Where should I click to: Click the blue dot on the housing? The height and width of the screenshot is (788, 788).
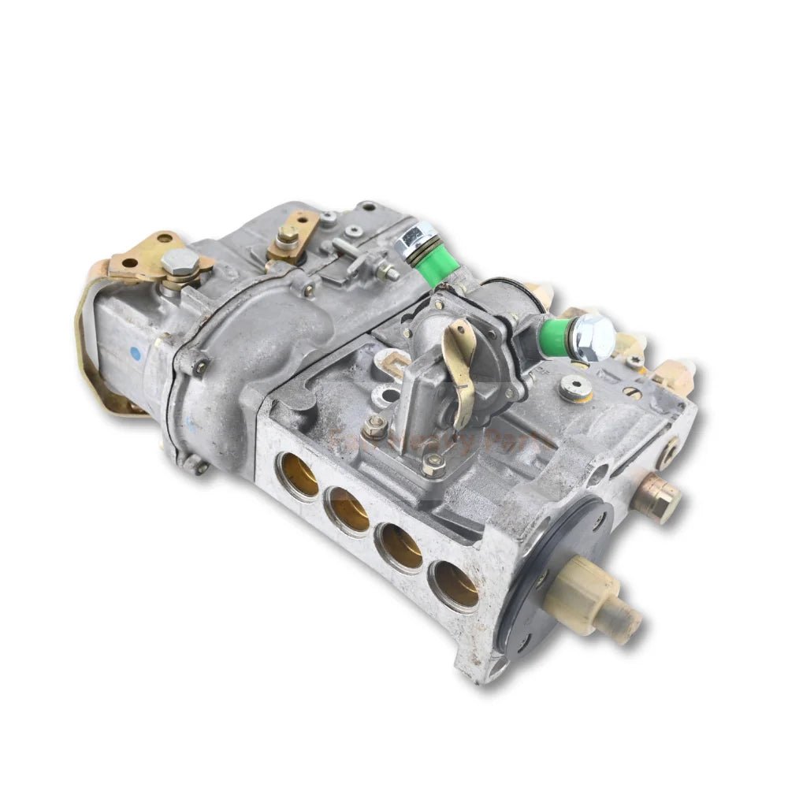[136, 355]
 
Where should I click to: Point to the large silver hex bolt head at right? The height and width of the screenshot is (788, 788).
[593, 337]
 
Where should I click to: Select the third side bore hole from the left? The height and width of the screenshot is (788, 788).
[400, 546]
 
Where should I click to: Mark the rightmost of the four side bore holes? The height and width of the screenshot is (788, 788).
[454, 584]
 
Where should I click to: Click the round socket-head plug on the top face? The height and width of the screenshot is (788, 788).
[574, 387]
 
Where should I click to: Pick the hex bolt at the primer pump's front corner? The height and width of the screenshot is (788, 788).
[432, 463]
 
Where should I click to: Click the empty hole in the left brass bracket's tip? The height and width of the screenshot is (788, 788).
[128, 262]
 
